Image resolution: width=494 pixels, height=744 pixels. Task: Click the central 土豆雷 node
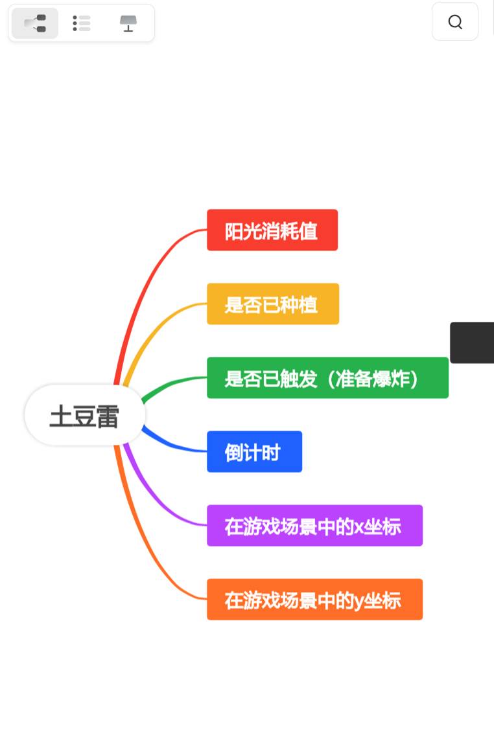(x=84, y=415)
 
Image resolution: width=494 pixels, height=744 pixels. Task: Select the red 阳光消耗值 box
(x=272, y=230)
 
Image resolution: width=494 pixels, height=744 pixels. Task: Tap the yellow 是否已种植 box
(x=272, y=304)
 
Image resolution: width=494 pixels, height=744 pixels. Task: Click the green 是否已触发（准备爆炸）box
(x=327, y=378)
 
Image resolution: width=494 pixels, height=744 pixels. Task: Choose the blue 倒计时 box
(x=254, y=451)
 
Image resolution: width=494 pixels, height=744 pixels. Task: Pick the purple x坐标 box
(x=314, y=525)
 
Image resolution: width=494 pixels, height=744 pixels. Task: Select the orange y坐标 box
(x=314, y=599)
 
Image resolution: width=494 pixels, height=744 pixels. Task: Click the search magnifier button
(x=455, y=22)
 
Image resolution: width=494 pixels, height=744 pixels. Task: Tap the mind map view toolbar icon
(x=35, y=23)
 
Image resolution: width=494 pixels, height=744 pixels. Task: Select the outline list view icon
(x=82, y=23)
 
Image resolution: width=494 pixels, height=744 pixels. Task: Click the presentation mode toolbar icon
(x=128, y=23)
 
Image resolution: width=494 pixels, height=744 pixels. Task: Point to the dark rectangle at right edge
(x=473, y=343)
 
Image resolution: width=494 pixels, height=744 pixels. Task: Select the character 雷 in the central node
(x=107, y=417)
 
